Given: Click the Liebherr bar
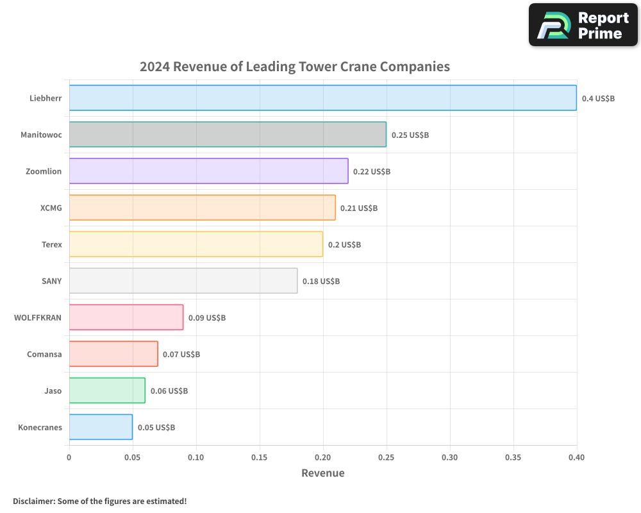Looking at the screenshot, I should pyautogui.click(x=322, y=98).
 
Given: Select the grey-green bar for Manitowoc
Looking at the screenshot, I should pyautogui.click(x=228, y=135).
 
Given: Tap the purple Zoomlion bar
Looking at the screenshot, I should pyautogui.click(x=208, y=171).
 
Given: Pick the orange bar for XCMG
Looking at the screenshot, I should pyautogui.click(x=202, y=208).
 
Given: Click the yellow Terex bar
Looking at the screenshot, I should pyautogui.click(x=196, y=244).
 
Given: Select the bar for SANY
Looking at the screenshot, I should pyautogui.click(x=183, y=281).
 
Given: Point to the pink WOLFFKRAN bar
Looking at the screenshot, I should pyautogui.click(x=126, y=317).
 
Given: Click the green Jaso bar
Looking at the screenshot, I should pyautogui.click(x=106, y=391).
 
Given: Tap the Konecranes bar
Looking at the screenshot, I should pyautogui.click(x=101, y=427).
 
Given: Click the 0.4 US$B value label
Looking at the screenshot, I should pyautogui.click(x=598, y=99).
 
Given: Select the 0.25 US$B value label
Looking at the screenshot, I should pyautogui.click(x=410, y=135).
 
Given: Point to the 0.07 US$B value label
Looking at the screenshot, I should pyautogui.click(x=181, y=355).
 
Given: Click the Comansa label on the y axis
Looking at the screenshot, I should pyautogui.click(x=44, y=354).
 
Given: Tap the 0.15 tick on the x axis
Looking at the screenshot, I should pyautogui.click(x=260, y=458).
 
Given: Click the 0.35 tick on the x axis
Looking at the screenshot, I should pyautogui.click(x=513, y=458).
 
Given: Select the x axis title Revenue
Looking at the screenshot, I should pyautogui.click(x=322, y=473).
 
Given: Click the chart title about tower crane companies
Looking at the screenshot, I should pyautogui.click(x=295, y=67).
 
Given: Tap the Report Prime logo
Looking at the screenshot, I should pyautogui.click(x=583, y=25).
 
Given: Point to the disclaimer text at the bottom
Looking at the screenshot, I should pyautogui.click(x=99, y=501).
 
